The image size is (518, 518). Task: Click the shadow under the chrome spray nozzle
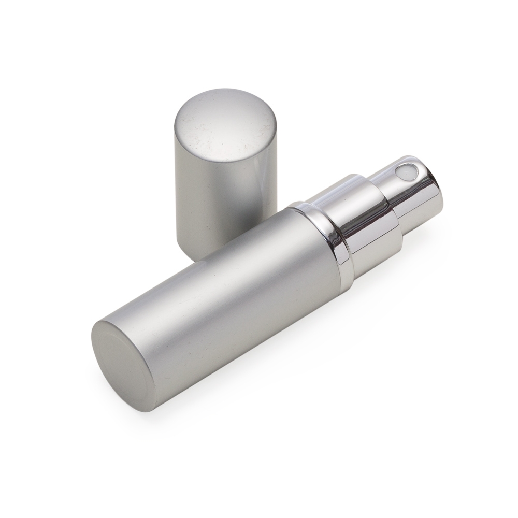click(414, 243)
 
